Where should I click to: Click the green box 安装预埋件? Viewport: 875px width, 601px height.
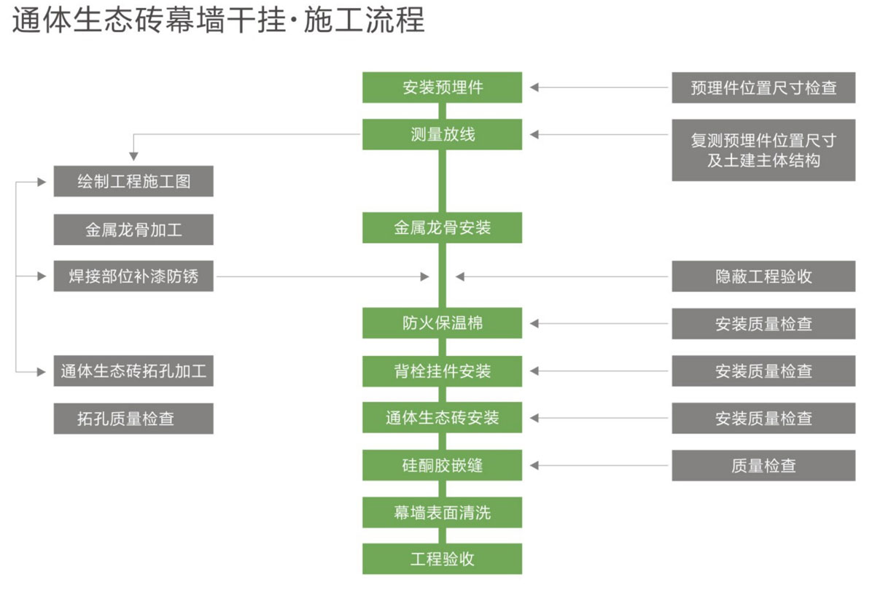[442, 88]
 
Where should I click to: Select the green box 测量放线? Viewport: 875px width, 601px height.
[442, 134]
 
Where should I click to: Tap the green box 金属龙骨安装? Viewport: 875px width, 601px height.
[442, 228]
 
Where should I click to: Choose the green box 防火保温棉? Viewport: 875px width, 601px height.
[442, 323]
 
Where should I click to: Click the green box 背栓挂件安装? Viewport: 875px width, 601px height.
[442, 371]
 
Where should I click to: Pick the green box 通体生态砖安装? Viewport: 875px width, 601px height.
[442, 418]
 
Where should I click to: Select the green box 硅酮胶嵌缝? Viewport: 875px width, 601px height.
[442, 465]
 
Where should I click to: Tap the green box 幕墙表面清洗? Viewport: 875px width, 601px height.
[442, 513]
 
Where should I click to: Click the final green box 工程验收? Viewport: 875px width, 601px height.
[442, 559]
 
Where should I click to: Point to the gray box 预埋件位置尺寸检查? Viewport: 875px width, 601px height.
[763, 88]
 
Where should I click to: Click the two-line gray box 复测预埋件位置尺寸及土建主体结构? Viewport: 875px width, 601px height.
[763, 150]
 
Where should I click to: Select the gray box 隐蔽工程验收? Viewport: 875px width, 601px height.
[763, 276]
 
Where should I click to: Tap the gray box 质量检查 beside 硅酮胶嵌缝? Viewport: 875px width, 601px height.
[763, 465]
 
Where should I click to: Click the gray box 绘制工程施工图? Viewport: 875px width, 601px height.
[133, 182]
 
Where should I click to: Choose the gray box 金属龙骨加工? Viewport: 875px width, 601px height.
[133, 230]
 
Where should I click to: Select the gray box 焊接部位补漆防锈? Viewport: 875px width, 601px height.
[133, 276]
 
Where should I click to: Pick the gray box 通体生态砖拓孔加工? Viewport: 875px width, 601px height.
[133, 371]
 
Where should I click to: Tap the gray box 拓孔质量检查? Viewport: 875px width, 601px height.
[133, 419]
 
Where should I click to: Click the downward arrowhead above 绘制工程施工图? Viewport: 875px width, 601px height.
[133, 156]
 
